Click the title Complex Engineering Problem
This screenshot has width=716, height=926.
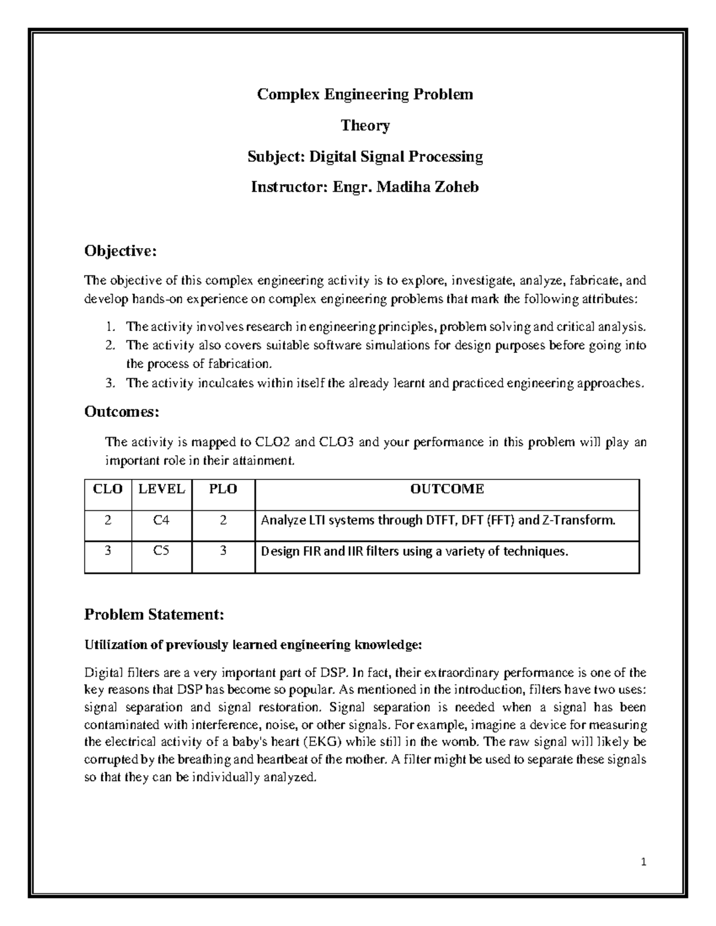(365, 94)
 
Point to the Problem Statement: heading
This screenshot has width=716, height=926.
(154, 614)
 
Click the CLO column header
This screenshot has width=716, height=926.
(108, 489)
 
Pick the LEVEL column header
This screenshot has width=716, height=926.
(162, 489)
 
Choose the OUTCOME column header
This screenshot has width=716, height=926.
(447, 489)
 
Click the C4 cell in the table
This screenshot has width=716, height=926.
(161, 520)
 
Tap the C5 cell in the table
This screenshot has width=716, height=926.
(161, 551)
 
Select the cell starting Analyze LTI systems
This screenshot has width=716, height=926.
(438, 520)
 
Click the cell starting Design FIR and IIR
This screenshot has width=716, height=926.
(415, 551)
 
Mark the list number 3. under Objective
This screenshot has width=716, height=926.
(110, 383)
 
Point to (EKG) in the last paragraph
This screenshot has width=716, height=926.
(322, 742)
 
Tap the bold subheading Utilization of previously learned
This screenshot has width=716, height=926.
(253, 645)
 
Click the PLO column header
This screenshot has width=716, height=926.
(223, 489)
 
